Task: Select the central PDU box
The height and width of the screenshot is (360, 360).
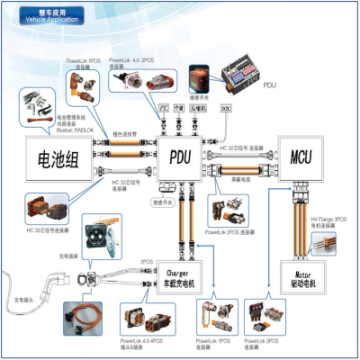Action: (180, 158)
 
